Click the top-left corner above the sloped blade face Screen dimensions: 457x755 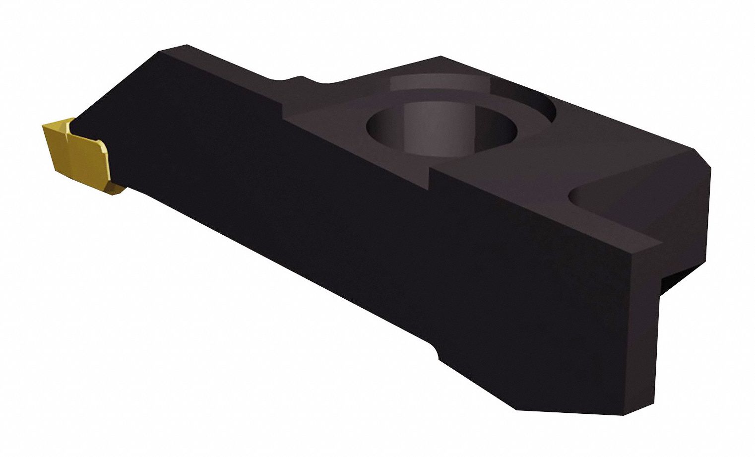(x=186, y=46)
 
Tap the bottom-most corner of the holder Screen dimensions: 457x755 (x=518, y=410)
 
